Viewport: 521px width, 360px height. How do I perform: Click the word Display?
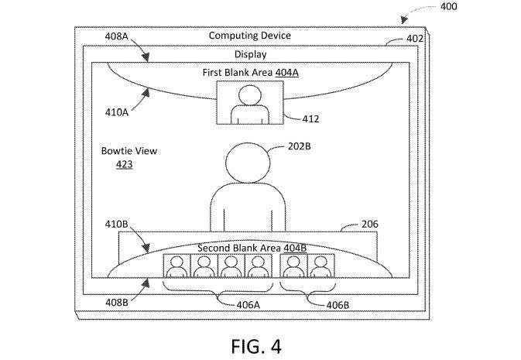click(250, 54)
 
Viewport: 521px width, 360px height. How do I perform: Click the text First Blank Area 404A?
click(249, 71)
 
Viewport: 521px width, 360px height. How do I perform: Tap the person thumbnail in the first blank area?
click(249, 104)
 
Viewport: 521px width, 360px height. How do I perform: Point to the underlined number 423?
click(124, 164)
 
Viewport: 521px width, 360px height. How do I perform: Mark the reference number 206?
click(371, 225)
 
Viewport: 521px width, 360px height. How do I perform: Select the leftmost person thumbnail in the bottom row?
click(176, 266)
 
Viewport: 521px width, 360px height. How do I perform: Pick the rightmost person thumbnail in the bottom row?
click(320, 266)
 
